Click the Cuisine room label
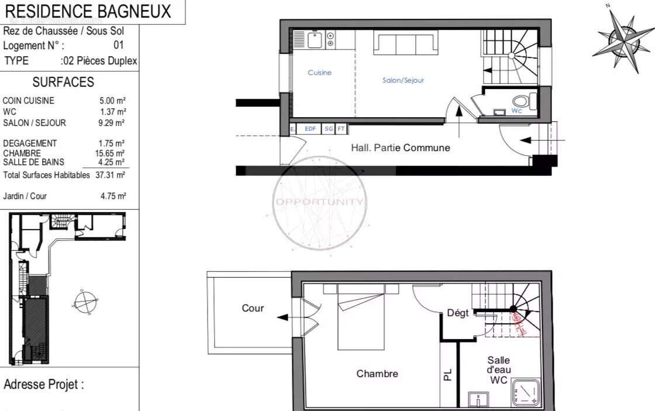point(319,73)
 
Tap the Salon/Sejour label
point(403,80)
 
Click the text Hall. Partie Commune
point(400,148)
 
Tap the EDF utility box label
point(309,129)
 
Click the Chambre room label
point(377,374)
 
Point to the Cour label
point(253,308)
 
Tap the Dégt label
point(458,313)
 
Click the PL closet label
point(448,374)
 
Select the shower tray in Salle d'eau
point(526,392)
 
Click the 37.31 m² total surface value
point(111,175)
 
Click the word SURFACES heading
point(63,83)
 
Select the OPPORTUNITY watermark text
point(319,202)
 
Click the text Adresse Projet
point(44,385)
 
